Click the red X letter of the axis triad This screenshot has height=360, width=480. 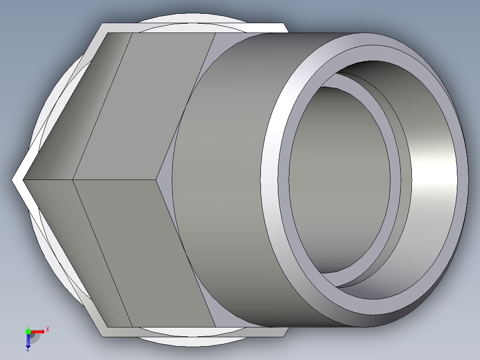48,330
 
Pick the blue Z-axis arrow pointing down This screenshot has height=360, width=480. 28,341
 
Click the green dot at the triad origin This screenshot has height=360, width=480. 28,331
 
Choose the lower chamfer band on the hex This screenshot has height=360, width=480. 76,250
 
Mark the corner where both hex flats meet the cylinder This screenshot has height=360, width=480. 158,180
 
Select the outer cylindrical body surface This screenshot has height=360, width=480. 223,178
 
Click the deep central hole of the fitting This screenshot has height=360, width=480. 338,178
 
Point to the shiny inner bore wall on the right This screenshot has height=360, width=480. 434,178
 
